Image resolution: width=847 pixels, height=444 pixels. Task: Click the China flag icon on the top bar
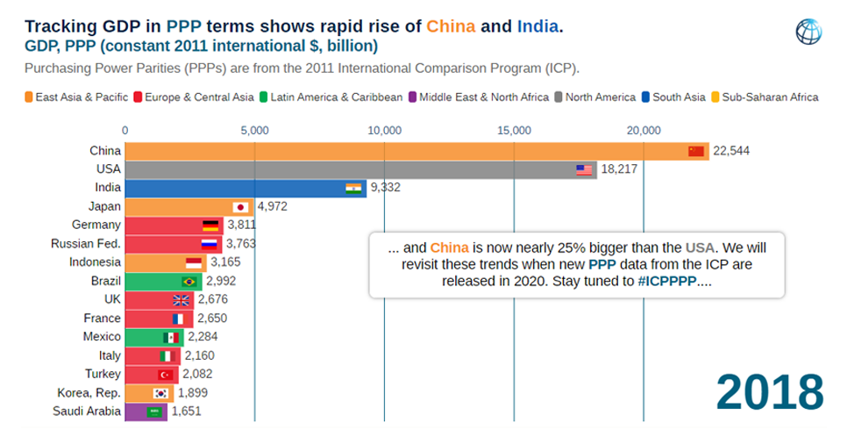(696, 151)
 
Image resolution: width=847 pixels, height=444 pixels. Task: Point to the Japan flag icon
(240, 207)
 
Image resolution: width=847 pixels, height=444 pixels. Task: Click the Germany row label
(96, 226)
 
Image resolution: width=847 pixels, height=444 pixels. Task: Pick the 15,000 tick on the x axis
(514, 131)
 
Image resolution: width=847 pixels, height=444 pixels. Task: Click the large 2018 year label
(769, 391)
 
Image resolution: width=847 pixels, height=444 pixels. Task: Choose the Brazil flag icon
(188, 282)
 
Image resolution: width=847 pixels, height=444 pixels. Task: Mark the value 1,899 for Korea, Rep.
(192, 392)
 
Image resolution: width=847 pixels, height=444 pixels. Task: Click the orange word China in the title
(451, 25)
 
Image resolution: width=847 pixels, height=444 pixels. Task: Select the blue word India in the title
(537, 25)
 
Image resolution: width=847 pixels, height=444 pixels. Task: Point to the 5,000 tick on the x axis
(254, 131)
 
